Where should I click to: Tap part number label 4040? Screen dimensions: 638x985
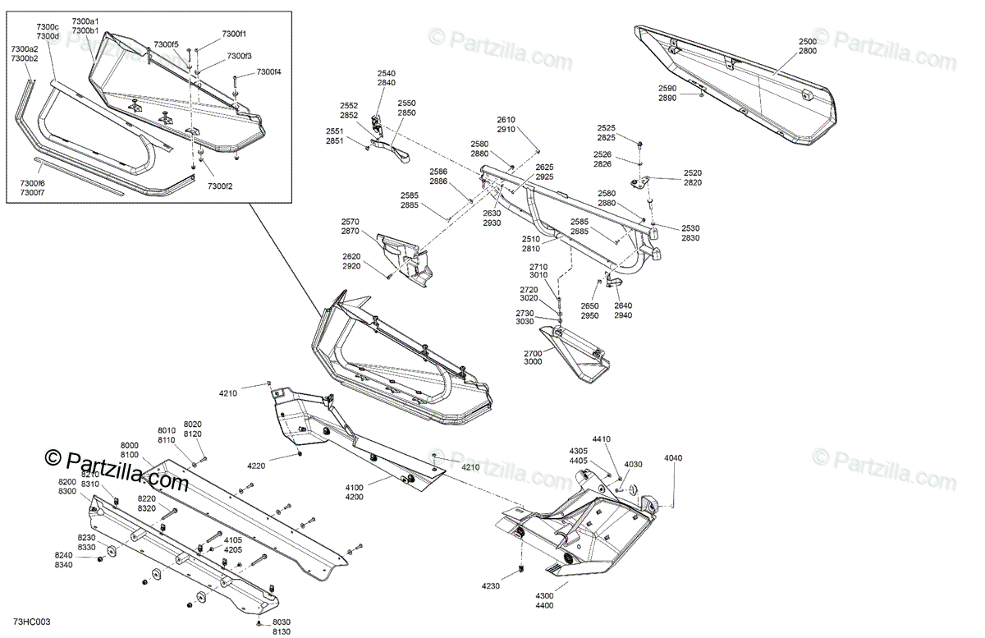click(672, 458)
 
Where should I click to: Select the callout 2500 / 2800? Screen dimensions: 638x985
click(807, 45)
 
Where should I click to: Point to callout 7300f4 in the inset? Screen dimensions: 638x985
click(268, 72)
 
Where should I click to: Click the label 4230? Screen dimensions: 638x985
click(491, 585)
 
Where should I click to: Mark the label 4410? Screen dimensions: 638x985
click(602, 439)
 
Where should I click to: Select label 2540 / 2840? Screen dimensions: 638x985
click(386, 78)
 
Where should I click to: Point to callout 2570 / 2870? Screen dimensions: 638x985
click(350, 227)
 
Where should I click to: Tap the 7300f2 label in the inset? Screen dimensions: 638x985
click(220, 186)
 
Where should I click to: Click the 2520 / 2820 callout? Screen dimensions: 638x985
click(692, 178)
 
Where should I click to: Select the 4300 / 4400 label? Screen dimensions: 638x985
click(544, 600)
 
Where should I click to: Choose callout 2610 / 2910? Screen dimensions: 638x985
click(506, 125)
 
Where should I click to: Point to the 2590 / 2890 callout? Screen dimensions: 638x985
click(667, 93)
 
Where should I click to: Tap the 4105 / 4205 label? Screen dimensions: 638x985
click(233, 544)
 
